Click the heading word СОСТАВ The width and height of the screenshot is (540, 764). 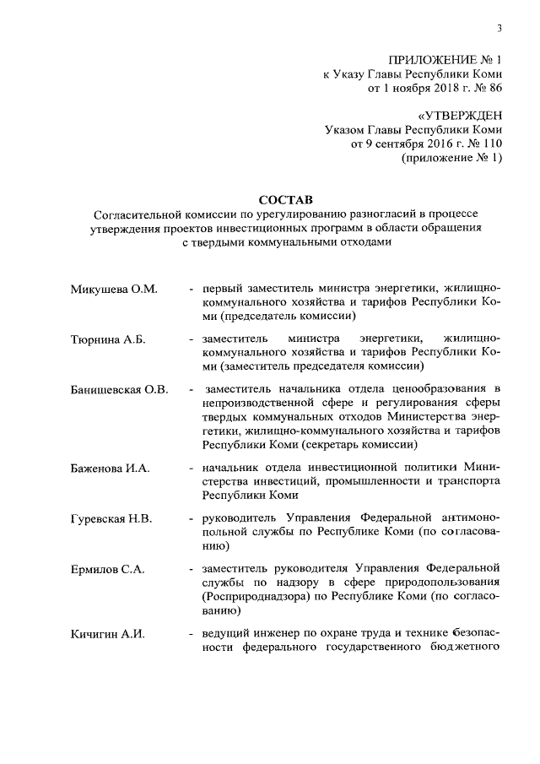point(285,199)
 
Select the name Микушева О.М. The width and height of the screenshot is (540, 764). point(114,290)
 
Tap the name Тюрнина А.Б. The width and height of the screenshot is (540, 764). point(108,339)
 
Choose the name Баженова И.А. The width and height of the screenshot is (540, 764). point(110,468)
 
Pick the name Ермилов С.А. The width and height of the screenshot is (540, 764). point(107,569)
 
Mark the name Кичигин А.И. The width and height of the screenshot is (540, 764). point(108,633)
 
